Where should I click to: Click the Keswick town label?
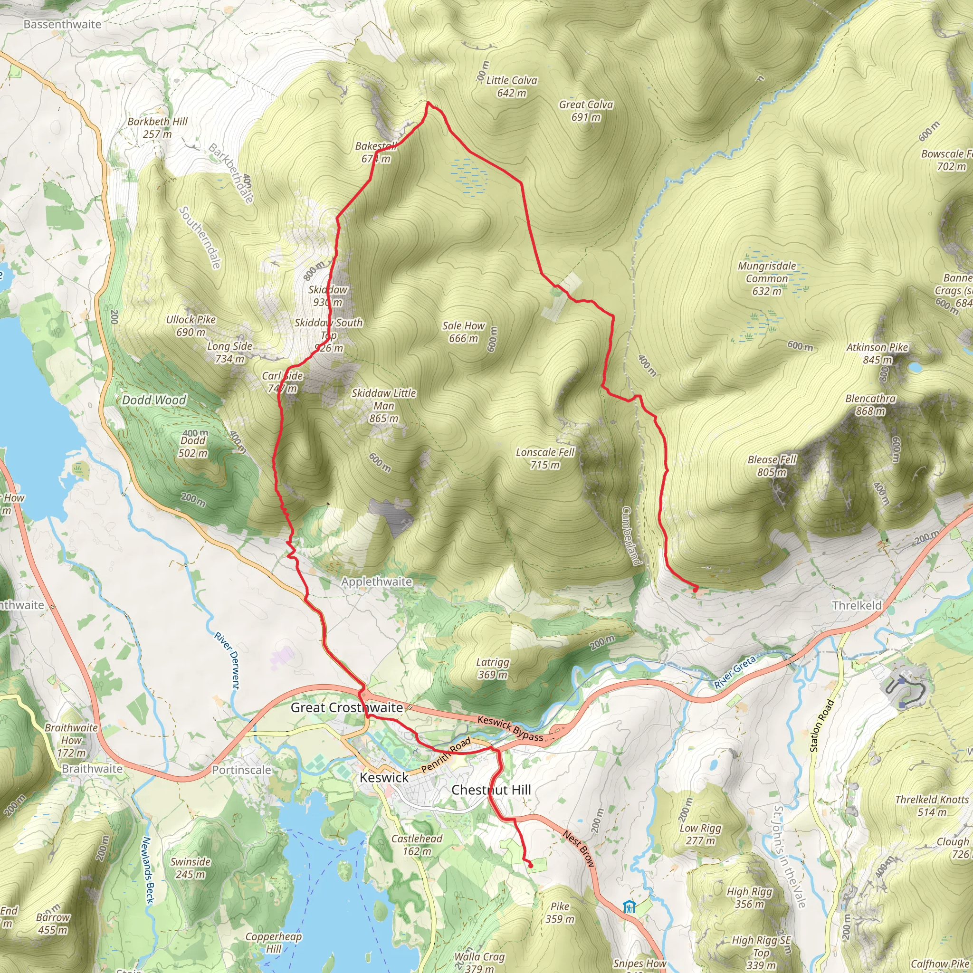click(x=384, y=778)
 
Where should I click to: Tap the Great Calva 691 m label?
click(x=586, y=111)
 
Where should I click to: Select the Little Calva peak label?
click(x=511, y=86)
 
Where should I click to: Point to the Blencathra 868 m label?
click(x=870, y=405)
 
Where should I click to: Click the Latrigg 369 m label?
click(x=493, y=668)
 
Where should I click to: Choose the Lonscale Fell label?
click(x=545, y=458)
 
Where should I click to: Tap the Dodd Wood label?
click(x=154, y=401)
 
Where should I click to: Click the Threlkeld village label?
click(x=857, y=605)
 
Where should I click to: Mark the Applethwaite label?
click(x=377, y=582)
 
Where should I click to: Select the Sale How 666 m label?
click(x=463, y=333)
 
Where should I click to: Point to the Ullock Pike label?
click(x=191, y=326)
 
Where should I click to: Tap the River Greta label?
click(x=735, y=672)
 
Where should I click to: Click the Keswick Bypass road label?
click(x=510, y=729)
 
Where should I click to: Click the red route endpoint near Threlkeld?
click(x=696, y=589)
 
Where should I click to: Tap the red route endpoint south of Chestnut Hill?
click(x=530, y=865)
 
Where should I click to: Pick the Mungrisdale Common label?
click(x=766, y=278)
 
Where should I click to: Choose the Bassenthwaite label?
click(x=62, y=24)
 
